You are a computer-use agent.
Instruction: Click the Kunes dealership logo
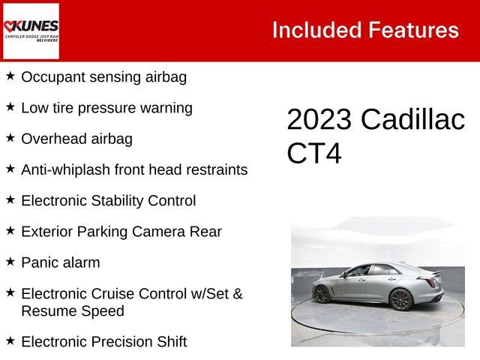click(31, 31)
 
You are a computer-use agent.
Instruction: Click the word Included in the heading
click(314, 30)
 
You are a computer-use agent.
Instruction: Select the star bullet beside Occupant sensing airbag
click(10, 76)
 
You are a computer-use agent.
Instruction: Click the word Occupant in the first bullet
click(52, 76)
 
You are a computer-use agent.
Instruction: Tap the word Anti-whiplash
click(66, 169)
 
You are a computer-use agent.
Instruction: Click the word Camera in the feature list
click(156, 232)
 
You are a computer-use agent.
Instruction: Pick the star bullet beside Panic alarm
click(10, 262)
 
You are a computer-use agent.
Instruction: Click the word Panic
click(40, 262)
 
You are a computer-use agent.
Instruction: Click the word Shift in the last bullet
click(169, 341)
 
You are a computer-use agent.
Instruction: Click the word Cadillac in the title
click(412, 121)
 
